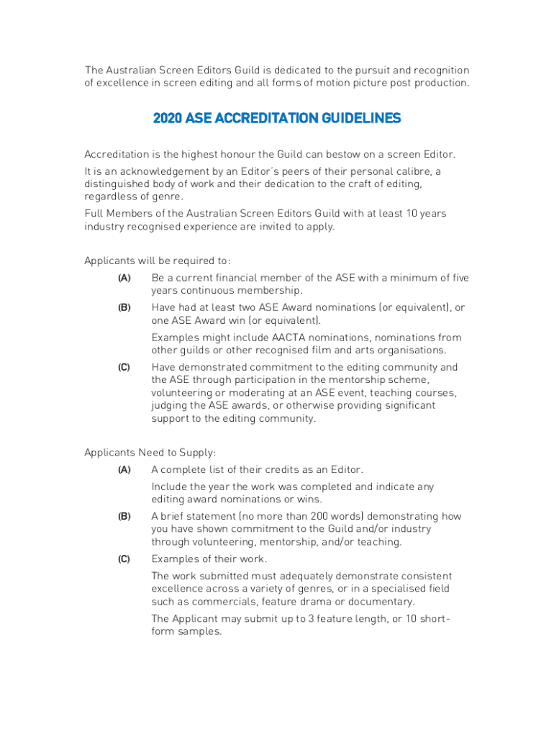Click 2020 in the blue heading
[168, 118]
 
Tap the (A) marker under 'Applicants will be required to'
[124, 278]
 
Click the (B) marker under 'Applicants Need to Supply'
[124, 516]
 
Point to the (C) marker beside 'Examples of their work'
[124, 559]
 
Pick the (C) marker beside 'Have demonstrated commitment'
[124, 367]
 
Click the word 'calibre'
[413, 171]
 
